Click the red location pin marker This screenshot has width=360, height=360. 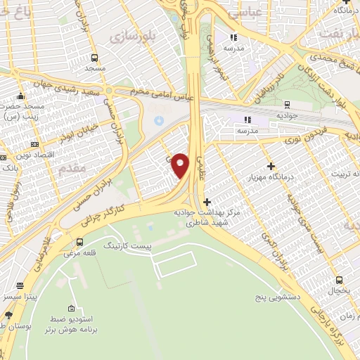coord(181,165)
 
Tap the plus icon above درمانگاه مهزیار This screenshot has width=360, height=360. coord(271,165)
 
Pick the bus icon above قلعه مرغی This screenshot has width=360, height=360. coord(79,243)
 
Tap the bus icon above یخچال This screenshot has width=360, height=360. coord(339,280)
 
